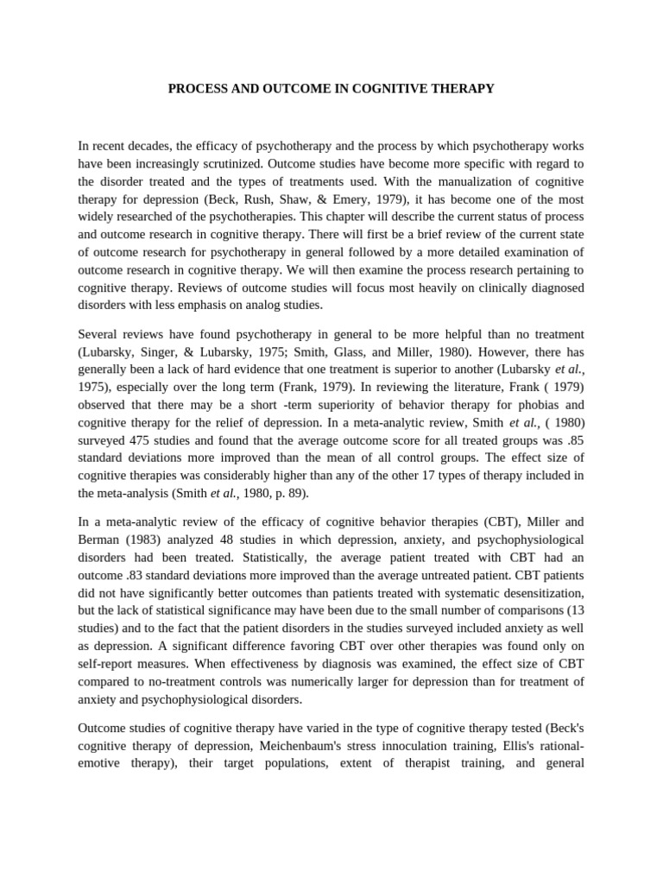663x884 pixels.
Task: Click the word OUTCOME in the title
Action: click(275, 89)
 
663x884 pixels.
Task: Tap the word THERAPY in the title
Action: click(463, 89)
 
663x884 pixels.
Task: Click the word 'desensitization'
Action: click(541, 593)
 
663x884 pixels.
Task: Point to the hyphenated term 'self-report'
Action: click(109, 664)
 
